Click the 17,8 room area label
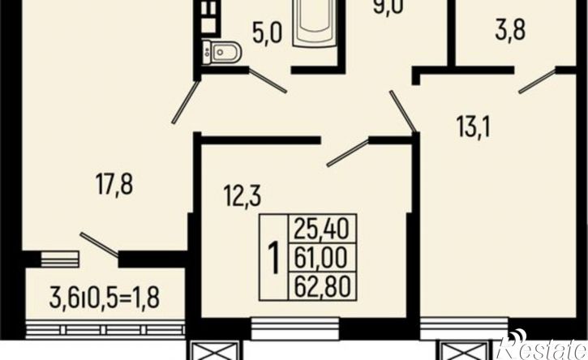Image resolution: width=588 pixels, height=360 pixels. coord(114,183)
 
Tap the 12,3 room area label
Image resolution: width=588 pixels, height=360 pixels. coord(242,195)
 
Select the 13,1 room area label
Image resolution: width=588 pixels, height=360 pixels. coord(474,126)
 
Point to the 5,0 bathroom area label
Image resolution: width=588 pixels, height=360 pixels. coord(267,33)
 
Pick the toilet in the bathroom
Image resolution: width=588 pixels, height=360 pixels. coord(221,53)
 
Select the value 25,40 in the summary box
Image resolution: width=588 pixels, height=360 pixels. coord(321,229)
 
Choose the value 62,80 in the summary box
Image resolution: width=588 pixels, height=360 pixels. coord(322,285)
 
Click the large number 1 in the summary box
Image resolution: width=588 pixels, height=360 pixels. coord(274,258)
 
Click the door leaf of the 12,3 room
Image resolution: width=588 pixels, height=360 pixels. coord(348,152)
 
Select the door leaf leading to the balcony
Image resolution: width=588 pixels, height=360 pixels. coord(99,245)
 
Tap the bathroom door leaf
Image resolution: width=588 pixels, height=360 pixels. coord(268,80)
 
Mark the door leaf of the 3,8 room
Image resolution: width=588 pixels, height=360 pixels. coord(538,80)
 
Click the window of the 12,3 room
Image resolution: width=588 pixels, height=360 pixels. coord(294,328)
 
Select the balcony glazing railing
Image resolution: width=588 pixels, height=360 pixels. coord(105,330)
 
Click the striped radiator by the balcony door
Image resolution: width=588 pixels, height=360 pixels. coord(60,259)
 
